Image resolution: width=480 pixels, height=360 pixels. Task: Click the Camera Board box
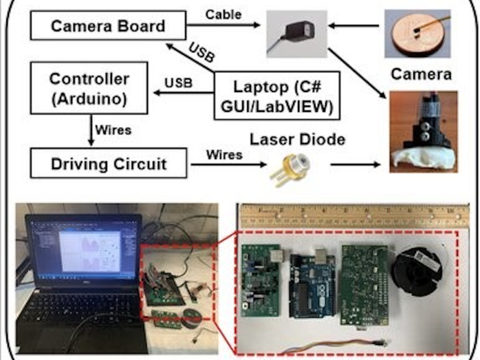[107, 26]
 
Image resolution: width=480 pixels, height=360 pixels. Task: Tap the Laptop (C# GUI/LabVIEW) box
[277, 95]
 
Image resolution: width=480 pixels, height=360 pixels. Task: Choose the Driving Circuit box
[108, 164]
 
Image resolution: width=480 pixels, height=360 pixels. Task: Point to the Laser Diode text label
[298, 139]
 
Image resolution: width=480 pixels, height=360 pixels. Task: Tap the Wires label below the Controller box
[114, 130]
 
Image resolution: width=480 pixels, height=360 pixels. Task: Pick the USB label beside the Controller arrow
[178, 83]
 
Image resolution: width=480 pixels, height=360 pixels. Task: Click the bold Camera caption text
[421, 74]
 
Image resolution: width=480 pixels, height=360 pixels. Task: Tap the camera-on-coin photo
[417, 33]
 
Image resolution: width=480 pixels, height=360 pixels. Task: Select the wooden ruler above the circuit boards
[354, 216]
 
